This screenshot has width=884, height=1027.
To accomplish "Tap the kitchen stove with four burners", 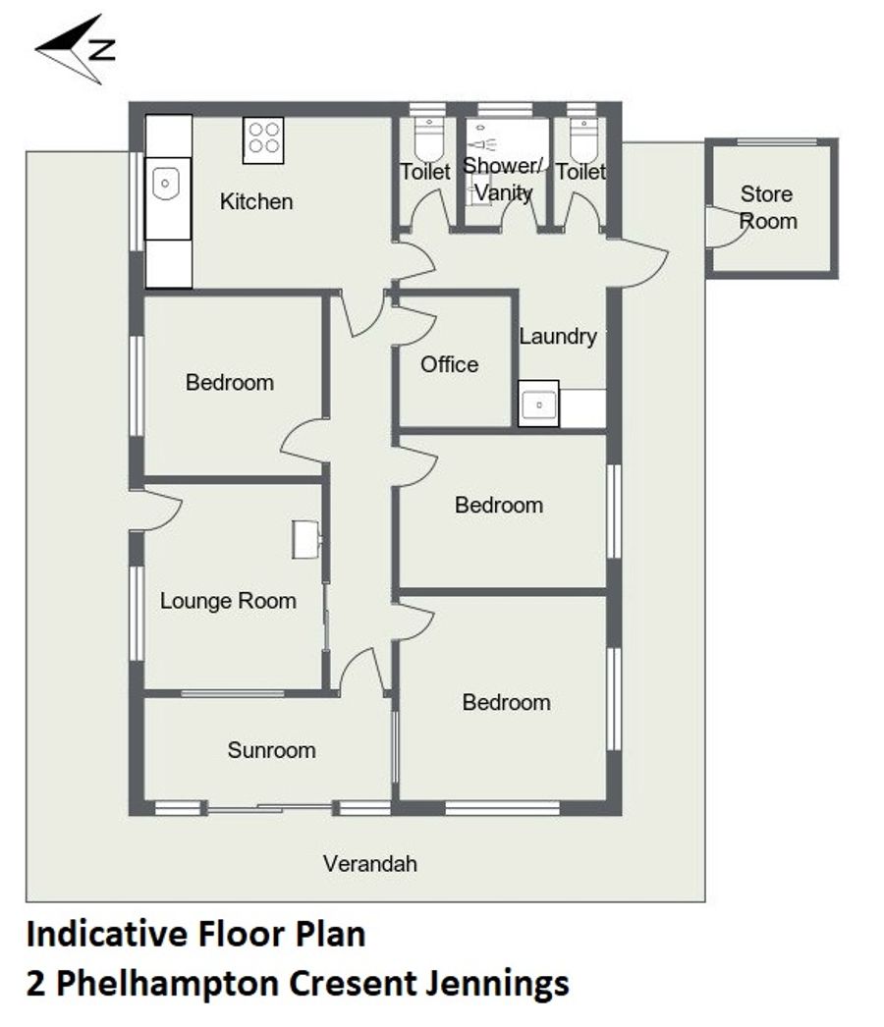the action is (x=263, y=140).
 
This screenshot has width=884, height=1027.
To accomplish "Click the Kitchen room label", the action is (x=256, y=201).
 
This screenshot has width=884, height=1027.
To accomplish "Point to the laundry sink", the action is (x=538, y=405).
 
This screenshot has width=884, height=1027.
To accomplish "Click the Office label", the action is (x=450, y=364).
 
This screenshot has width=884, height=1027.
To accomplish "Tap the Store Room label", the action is (x=767, y=207).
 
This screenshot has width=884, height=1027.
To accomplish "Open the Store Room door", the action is (x=724, y=227).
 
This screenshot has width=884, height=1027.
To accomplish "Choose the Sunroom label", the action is (x=271, y=750).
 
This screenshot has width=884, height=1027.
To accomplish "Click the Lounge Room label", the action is (x=228, y=601).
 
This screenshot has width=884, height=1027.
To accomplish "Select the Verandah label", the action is (x=370, y=863).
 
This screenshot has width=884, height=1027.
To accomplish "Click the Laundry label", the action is (x=558, y=337).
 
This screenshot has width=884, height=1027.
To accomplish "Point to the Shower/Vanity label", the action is (x=504, y=179).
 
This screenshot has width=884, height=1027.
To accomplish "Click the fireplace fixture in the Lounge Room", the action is (x=306, y=540).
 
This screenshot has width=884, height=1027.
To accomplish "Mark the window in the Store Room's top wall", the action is (x=777, y=142).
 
